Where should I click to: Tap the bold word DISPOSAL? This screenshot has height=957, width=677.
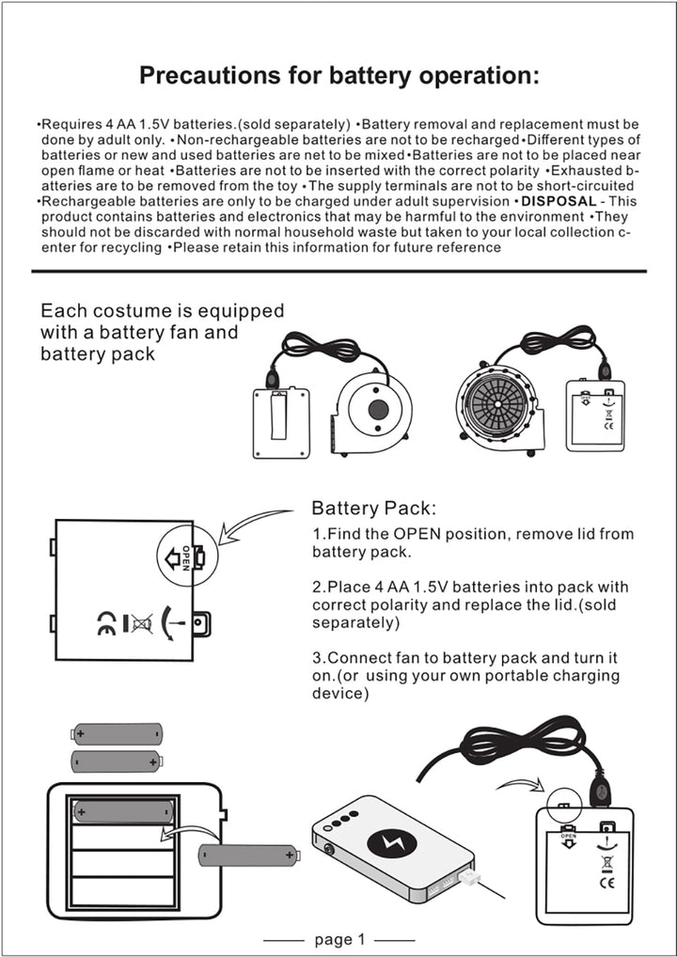(x=559, y=202)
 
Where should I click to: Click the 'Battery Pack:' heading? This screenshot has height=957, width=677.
(x=373, y=509)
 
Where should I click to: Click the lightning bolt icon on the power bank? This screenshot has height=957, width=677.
(x=393, y=844)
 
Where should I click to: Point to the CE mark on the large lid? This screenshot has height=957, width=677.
(x=106, y=622)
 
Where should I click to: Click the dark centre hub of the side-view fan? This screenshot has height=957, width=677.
(x=379, y=410)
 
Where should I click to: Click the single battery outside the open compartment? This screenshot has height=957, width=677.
(x=247, y=855)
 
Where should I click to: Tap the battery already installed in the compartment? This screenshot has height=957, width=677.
(x=123, y=809)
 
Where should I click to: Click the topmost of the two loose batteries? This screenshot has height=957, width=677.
(x=118, y=733)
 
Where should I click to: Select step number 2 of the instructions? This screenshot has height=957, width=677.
(x=318, y=588)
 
